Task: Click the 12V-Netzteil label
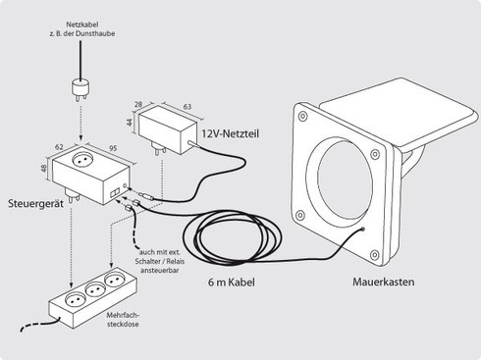[x=230, y=133]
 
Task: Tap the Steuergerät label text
[x=35, y=203]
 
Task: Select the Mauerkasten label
[x=383, y=282]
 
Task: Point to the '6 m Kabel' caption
[x=231, y=282]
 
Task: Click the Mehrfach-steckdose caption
[x=123, y=320]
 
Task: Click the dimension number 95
[x=113, y=148]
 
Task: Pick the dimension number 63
[x=187, y=107]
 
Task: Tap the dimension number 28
[x=138, y=104]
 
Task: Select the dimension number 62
[x=59, y=147]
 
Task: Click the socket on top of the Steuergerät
[x=82, y=160]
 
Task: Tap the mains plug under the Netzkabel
[x=80, y=90]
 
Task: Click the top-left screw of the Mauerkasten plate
[x=303, y=116]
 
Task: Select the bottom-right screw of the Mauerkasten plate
[x=375, y=255]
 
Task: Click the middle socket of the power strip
[x=95, y=289]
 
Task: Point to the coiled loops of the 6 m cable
[x=232, y=236]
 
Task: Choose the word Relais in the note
[x=176, y=261]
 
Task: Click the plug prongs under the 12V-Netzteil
[x=159, y=148]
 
